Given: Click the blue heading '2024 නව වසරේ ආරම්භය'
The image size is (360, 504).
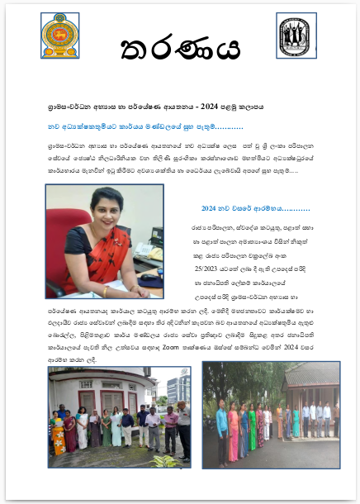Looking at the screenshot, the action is (243, 208).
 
